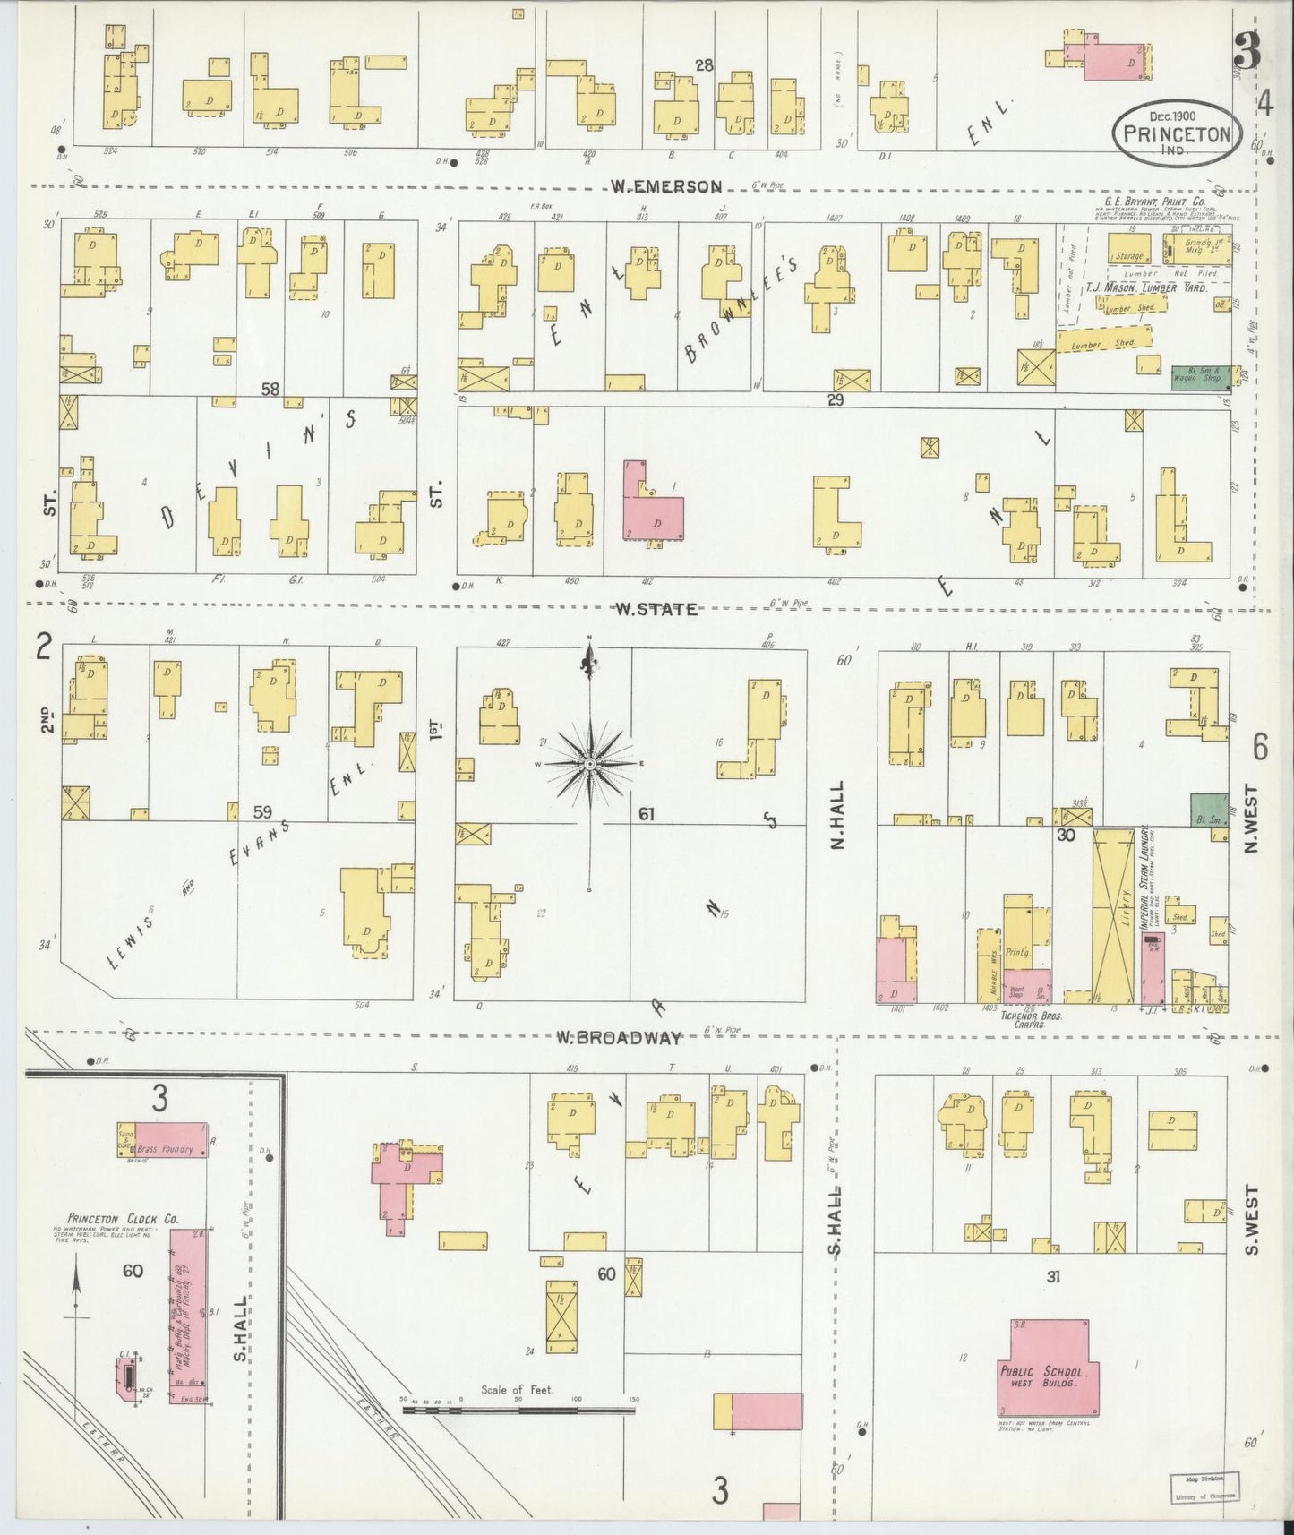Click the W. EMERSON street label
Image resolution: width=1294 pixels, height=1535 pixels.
[x=666, y=187]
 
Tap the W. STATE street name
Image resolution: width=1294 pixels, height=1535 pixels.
[x=656, y=610]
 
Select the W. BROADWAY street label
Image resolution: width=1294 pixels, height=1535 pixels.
[x=617, y=1038]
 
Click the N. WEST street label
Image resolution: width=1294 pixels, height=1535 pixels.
[x=1251, y=819]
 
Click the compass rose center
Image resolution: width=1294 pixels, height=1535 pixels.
[x=590, y=764]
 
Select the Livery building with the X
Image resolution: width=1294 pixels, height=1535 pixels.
[x=1114, y=915]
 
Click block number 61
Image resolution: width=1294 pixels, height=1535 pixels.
[x=647, y=815]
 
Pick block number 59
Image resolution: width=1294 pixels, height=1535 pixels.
[x=261, y=812]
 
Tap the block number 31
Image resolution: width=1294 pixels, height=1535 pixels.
[x=1052, y=1277]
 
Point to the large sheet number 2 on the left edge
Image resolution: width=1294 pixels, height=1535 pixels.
[x=41, y=647]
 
